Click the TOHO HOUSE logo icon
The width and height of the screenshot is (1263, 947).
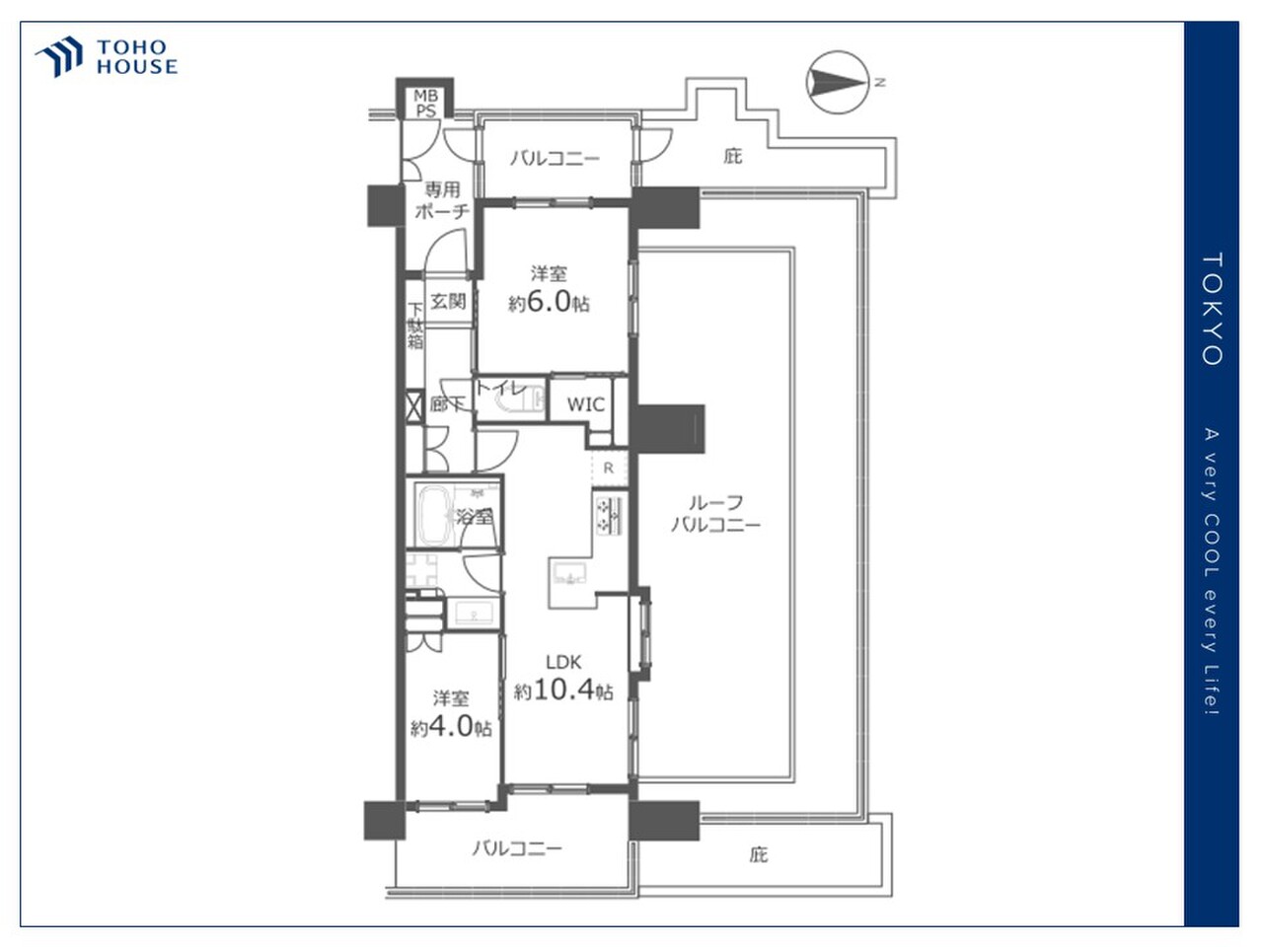click(x=58, y=56)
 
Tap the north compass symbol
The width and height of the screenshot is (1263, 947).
click(x=837, y=82)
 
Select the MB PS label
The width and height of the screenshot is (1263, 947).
click(x=425, y=103)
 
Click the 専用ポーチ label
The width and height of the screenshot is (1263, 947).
click(x=442, y=200)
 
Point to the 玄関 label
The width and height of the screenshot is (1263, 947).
click(x=448, y=301)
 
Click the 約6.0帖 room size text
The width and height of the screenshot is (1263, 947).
click(x=549, y=302)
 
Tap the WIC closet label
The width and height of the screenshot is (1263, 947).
click(x=585, y=404)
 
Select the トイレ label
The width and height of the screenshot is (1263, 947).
click(x=500, y=388)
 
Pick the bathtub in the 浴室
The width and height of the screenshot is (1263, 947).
click(x=434, y=515)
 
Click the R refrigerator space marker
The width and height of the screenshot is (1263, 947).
click(x=608, y=468)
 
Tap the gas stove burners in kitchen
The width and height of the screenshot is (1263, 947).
click(x=608, y=515)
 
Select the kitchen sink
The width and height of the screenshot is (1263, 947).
click(x=568, y=574)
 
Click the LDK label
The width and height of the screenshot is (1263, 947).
click(x=563, y=662)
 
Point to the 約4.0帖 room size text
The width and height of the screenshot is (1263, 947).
click(x=451, y=727)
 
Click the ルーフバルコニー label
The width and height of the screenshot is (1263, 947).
click(x=715, y=514)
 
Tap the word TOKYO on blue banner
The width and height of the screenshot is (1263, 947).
click(x=1212, y=310)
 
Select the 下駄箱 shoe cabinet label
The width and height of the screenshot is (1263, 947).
click(x=414, y=326)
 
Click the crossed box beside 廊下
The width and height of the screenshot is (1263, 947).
click(x=414, y=406)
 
